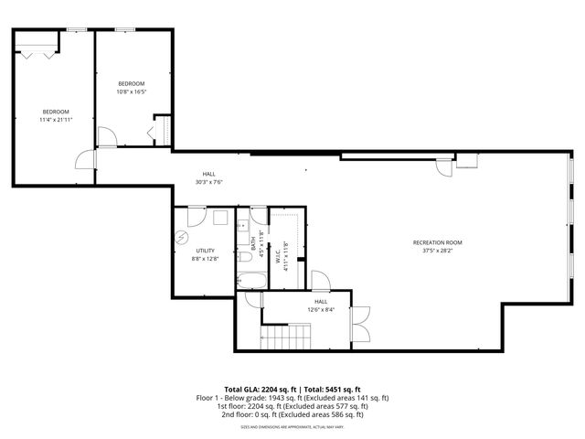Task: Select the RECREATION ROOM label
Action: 437,242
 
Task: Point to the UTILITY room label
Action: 205,251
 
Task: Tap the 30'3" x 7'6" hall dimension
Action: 209,182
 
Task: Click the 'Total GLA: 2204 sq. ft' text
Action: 258,389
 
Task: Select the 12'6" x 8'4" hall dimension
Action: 322,309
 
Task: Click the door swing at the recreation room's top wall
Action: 443,167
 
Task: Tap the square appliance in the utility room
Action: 219,219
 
